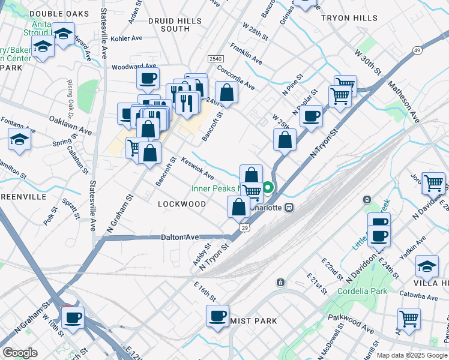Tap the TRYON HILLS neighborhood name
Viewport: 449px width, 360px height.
tap(349, 18)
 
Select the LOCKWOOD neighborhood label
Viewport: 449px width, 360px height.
tap(181, 204)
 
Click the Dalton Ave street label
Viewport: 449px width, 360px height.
tap(179, 238)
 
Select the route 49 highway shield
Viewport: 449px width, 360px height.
tap(416, 50)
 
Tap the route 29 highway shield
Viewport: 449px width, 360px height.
tap(245, 228)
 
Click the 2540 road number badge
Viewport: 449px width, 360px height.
tap(216, 58)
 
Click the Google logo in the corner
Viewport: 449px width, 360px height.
tap(20, 352)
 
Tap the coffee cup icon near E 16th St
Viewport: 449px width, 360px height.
tap(217, 316)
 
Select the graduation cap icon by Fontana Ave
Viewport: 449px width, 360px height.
tap(19, 140)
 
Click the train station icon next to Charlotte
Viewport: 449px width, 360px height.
tap(289, 207)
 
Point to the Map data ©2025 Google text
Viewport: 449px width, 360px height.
tap(412, 355)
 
